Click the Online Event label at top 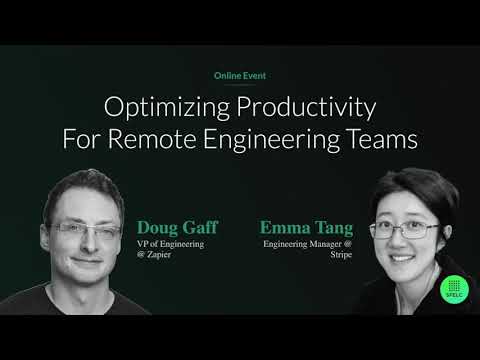[240, 76]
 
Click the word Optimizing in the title [160, 107]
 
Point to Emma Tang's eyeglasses [412, 230]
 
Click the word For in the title [80, 138]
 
